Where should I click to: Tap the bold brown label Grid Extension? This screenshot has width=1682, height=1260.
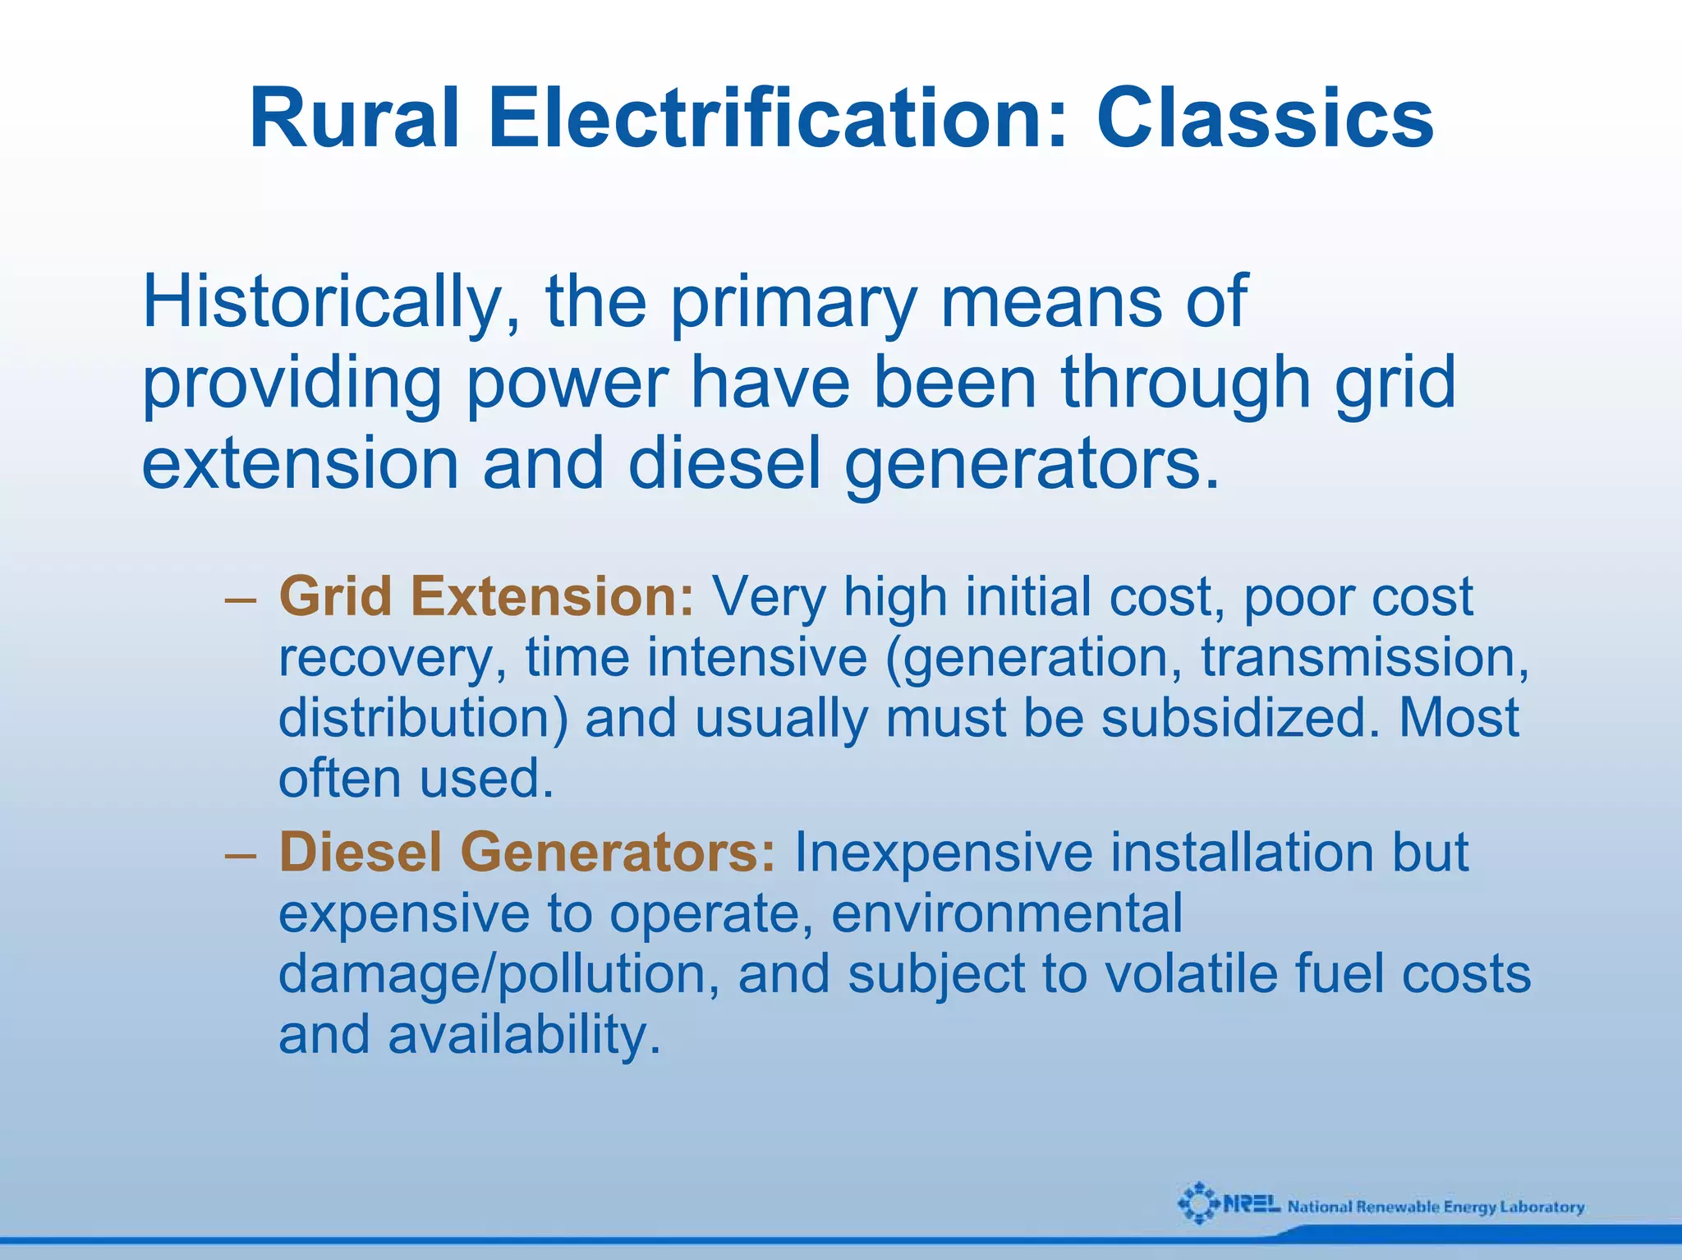click(486, 596)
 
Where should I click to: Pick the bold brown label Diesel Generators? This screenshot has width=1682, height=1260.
click(526, 852)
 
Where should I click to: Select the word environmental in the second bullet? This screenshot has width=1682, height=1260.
click(1007, 913)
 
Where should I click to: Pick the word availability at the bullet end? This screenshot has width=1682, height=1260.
click(524, 1035)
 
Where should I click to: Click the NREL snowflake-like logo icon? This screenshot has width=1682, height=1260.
click(1198, 1203)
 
